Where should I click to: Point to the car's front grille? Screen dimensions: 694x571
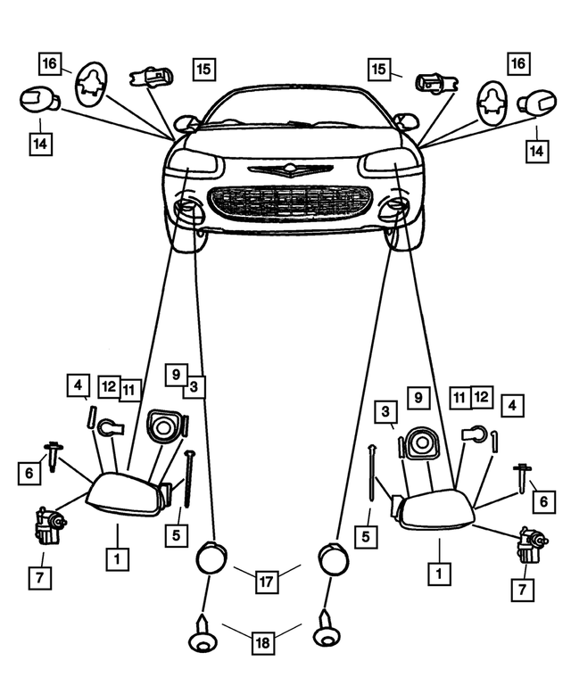coord(289,202)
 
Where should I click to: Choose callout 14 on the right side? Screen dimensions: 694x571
coord(536,153)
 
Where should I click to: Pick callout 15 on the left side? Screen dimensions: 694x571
coord(203,68)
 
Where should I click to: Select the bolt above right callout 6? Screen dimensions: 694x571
coord(521,478)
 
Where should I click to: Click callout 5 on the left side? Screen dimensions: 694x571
coord(177,535)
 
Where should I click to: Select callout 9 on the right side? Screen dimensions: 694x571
coord(418,397)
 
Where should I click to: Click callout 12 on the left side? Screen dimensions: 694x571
coord(109,387)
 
